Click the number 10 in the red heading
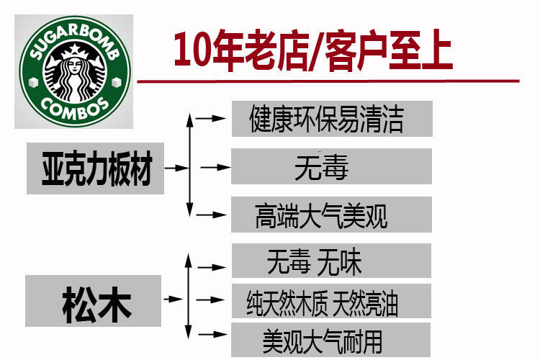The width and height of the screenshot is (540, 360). [192, 52]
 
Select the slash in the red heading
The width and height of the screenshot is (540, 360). [315, 52]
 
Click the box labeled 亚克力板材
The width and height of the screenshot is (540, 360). [95, 168]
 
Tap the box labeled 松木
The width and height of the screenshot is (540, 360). [93, 301]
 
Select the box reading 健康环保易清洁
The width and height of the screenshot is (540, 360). [331, 119]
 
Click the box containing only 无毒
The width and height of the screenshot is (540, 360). [331, 167]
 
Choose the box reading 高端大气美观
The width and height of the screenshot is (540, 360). [331, 215]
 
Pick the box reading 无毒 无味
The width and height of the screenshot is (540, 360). [331, 261]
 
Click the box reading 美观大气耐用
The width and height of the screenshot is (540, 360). [331, 338]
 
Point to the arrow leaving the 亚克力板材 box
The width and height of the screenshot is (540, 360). [176, 168]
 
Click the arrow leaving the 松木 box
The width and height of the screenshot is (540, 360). [174, 297]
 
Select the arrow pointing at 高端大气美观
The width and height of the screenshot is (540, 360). [212, 214]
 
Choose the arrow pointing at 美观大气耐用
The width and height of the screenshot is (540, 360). [212, 334]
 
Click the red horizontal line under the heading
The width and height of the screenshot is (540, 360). [328, 81]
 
